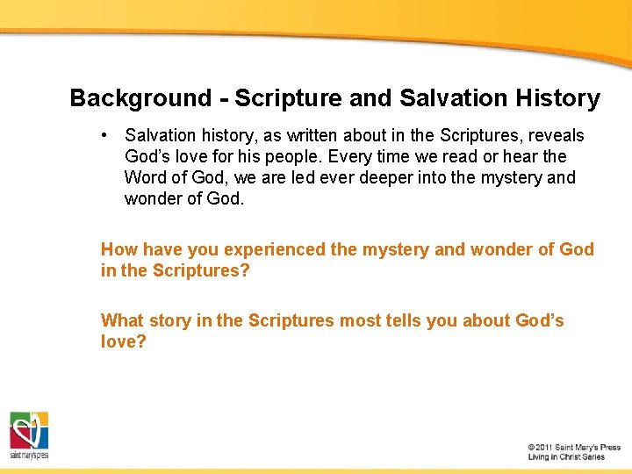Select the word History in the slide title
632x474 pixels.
coord(559,98)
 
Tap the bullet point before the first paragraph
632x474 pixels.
coord(104,135)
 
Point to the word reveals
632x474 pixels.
coord(556,136)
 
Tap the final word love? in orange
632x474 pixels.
coord(123,341)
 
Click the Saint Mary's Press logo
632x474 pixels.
coord(29,435)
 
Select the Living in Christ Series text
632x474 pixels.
coord(566,457)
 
